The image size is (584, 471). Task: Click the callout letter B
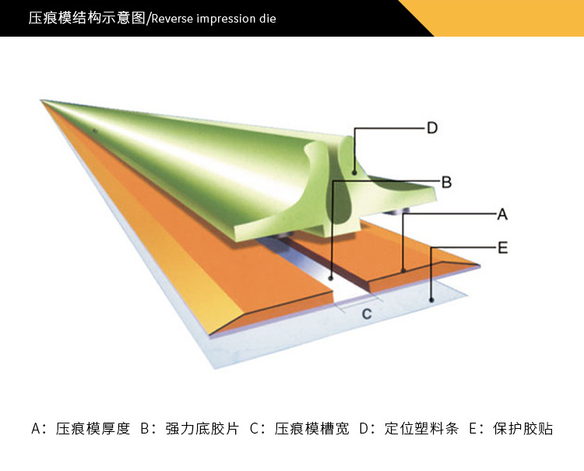446,182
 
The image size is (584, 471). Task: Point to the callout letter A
502,214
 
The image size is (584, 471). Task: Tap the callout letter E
502,248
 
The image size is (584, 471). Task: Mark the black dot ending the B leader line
331,276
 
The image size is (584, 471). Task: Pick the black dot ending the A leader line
403,270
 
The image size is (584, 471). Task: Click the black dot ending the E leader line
431,298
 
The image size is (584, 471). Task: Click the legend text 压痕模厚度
93,428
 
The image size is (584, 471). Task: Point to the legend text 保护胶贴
523,428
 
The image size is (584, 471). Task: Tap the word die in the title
268,19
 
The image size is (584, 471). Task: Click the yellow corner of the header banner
514,17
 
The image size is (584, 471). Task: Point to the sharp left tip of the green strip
44,101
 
